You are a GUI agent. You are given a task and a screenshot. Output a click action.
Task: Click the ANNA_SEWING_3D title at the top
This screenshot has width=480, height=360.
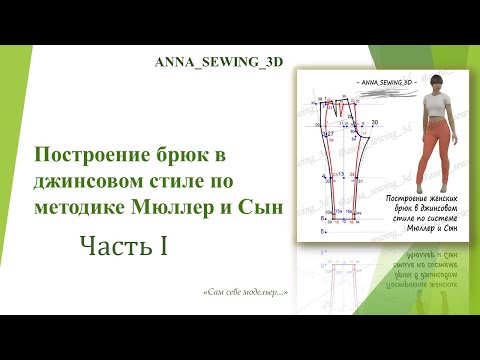218,61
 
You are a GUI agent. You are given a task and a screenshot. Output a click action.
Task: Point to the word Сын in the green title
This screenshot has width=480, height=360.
264,207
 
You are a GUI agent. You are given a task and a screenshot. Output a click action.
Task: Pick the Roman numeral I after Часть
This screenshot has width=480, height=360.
160,243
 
